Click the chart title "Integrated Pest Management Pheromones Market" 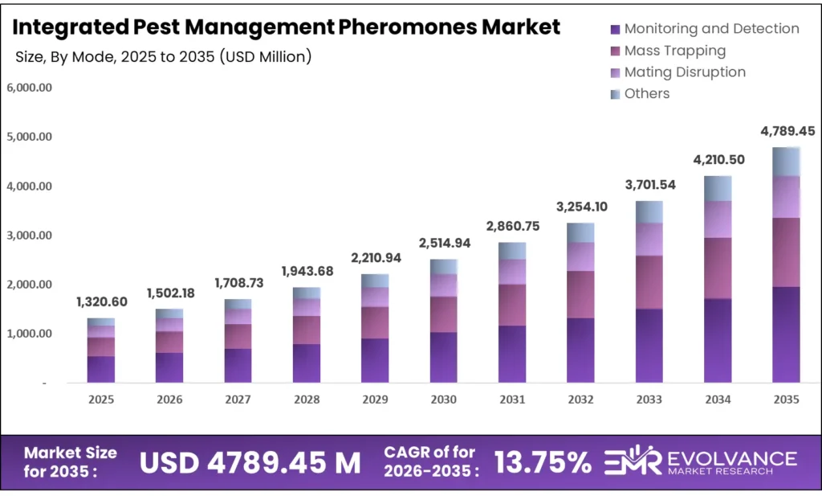(x=287, y=27)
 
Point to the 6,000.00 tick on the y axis (x=29, y=88)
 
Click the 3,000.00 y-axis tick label (x=29, y=236)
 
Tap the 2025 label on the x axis (x=101, y=400)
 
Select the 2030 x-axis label (x=443, y=400)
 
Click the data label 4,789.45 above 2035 (x=786, y=130)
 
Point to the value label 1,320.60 (x=101, y=302)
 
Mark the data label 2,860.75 (x=512, y=227)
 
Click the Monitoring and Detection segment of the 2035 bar (x=786, y=334)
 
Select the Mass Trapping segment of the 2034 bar (x=718, y=268)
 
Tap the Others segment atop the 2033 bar (x=649, y=211)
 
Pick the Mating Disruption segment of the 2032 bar (x=580, y=256)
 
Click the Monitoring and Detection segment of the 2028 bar (x=307, y=363)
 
